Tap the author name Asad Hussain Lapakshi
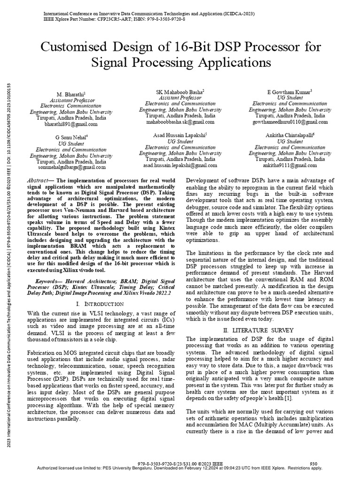click(180, 135)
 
